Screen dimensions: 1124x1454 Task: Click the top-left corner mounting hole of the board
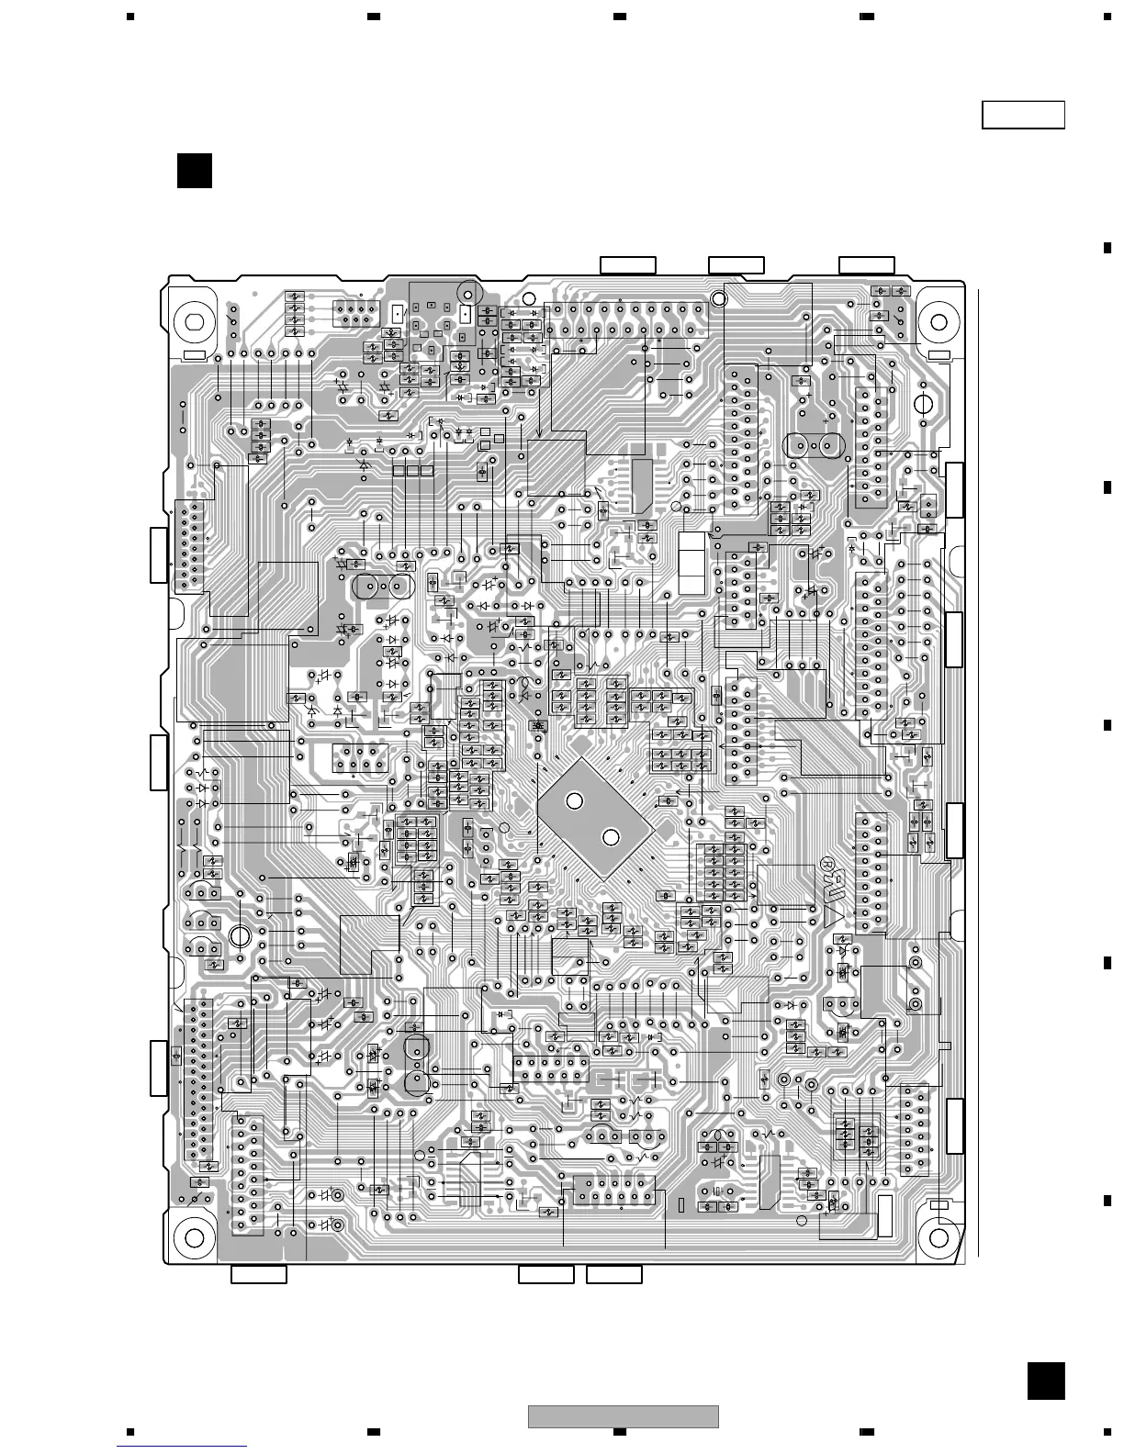click(195, 322)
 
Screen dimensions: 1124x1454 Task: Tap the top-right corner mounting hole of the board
click(939, 322)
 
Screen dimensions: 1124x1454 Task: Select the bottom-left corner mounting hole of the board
click(195, 1237)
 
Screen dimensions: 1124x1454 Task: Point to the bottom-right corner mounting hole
click(939, 1237)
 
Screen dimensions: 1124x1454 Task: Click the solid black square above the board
click(195, 171)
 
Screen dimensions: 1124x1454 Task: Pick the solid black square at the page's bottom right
click(1046, 1381)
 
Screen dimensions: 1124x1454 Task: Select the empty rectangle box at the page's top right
click(1023, 116)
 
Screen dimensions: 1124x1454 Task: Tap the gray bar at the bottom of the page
click(624, 1417)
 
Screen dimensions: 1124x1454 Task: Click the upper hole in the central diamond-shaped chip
click(574, 801)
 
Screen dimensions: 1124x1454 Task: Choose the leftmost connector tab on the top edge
click(628, 265)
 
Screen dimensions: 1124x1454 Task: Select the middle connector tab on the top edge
click(736, 265)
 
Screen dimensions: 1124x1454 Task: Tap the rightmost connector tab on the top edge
click(867, 265)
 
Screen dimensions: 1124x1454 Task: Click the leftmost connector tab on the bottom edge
click(259, 1274)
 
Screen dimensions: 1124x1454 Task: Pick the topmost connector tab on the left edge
click(160, 555)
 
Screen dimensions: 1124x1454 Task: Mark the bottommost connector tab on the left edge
click(160, 1068)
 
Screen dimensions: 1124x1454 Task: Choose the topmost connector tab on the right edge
click(954, 491)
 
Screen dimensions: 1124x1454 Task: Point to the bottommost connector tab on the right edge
click(954, 1125)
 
